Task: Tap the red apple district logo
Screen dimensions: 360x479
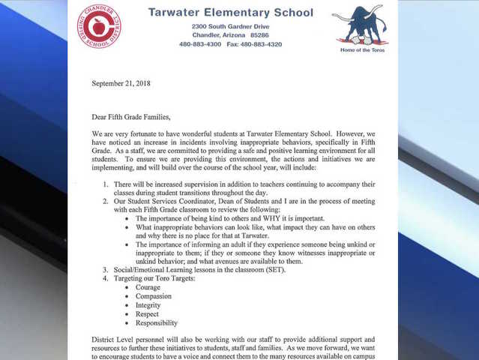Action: (99, 26)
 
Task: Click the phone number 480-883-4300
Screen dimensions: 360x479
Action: (200, 44)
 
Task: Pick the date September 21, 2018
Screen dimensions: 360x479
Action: (121, 83)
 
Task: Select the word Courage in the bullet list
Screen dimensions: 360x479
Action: (147, 287)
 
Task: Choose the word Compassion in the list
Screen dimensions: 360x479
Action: (154, 296)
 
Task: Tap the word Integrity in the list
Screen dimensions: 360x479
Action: (148, 305)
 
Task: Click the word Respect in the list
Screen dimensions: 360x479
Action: (147, 314)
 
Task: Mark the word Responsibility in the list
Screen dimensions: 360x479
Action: (157, 323)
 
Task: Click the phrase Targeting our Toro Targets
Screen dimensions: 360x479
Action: (154, 278)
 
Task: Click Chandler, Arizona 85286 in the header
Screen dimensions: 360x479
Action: (230, 35)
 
